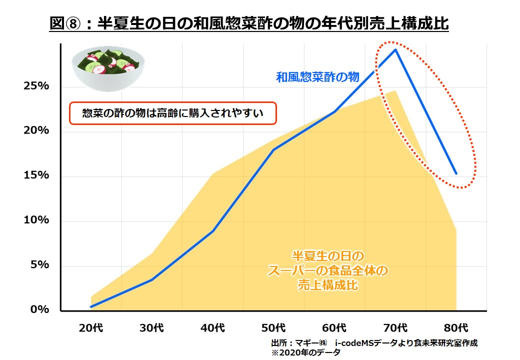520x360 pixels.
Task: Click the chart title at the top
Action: coord(249,23)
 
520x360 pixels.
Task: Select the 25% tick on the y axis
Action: coord(36,86)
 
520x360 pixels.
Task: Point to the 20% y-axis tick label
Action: coord(36,130)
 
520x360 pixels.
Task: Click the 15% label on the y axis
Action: coord(36,175)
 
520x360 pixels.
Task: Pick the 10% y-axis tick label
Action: coord(36,220)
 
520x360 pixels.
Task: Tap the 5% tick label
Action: coord(39,264)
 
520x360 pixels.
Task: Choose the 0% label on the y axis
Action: coord(39,309)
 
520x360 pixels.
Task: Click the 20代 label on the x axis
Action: coord(91,328)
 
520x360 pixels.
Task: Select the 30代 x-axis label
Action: coord(152,328)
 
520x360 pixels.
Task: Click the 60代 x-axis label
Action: coord(334,328)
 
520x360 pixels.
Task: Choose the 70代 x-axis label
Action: coord(395,328)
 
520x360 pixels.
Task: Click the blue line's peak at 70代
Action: coord(395,49)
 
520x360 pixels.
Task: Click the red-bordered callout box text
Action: coord(172,114)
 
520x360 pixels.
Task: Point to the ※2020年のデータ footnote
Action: coord(306,352)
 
